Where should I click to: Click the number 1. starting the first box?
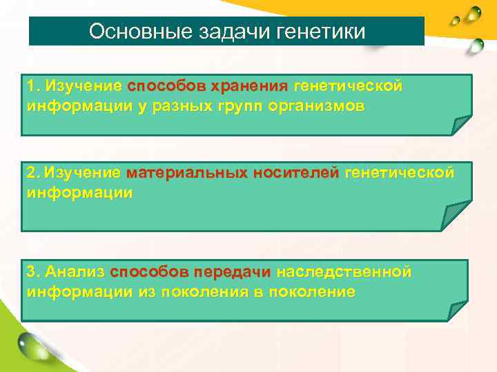33,87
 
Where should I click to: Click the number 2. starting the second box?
33,173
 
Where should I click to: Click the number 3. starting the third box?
33,272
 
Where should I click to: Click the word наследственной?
344,272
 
